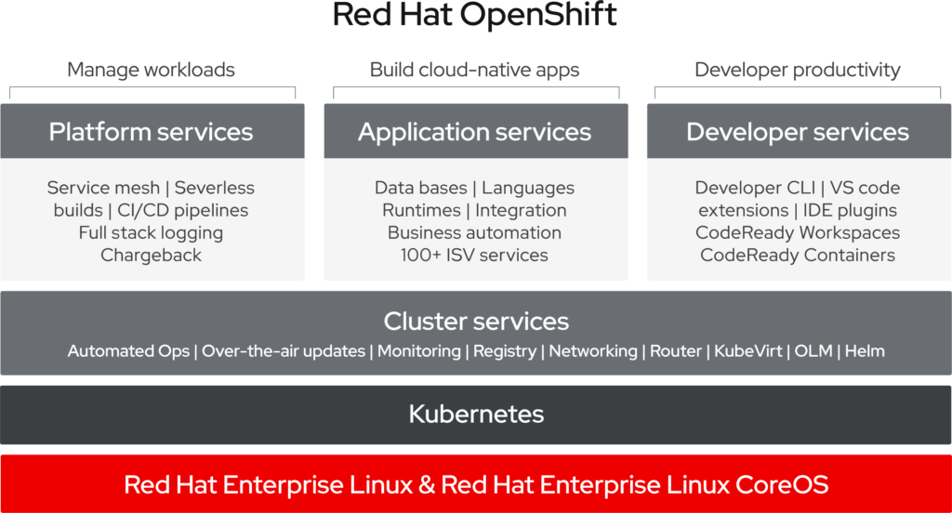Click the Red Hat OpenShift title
475,18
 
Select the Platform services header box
152,132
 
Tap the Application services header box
475,132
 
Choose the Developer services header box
798,132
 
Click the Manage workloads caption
152,70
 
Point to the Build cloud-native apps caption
475,70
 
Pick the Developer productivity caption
798,70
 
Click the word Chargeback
152,255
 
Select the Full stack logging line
152,232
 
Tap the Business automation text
475,232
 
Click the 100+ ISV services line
475,255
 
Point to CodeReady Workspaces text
798,232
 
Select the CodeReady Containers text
798,255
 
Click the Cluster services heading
476,322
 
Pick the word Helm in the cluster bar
866,351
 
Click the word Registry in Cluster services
505,351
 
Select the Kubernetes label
476,414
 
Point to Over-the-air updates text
283,351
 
